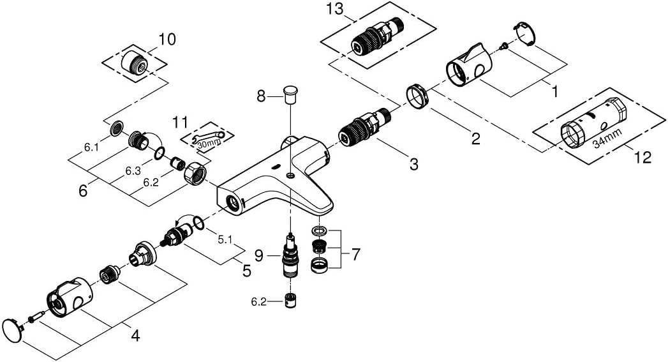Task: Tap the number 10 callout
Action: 167,40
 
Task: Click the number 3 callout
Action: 413,164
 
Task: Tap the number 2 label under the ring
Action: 475,139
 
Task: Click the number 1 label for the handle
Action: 554,92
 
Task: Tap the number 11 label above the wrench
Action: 182,120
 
